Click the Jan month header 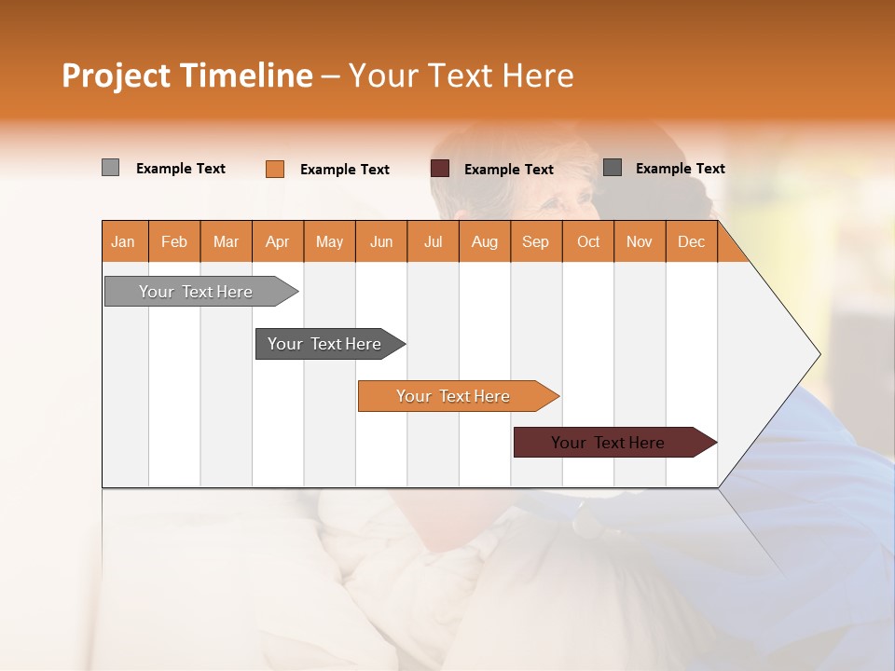[x=123, y=242]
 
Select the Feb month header [x=174, y=242]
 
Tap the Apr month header [x=277, y=242]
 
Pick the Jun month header [x=380, y=242]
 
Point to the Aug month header [x=484, y=242]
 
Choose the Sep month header [x=535, y=242]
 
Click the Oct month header [x=588, y=242]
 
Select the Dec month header [x=691, y=242]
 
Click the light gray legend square [x=110, y=168]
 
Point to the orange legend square [x=275, y=169]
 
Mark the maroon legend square [x=440, y=169]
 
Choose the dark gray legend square [x=613, y=168]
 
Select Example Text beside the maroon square [x=508, y=170]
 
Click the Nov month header [x=639, y=242]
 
